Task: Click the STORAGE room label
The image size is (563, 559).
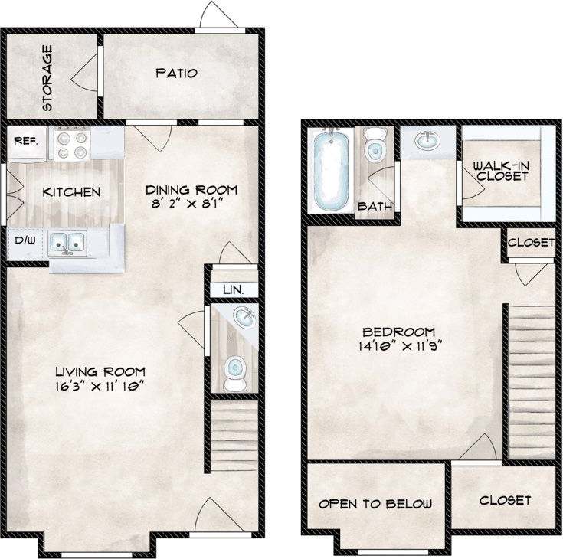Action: tap(47, 79)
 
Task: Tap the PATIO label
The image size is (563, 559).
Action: tap(177, 74)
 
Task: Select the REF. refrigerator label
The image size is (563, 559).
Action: tap(27, 141)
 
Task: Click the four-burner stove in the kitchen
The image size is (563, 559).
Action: tap(72, 145)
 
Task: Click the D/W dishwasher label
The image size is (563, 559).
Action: tap(25, 240)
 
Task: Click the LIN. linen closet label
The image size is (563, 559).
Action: tap(233, 290)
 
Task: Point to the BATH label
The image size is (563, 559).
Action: tap(375, 206)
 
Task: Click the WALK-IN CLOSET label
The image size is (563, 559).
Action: tap(501, 170)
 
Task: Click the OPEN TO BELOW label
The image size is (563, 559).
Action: tap(375, 504)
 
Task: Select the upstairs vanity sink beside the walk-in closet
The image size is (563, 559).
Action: tap(425, 140)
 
